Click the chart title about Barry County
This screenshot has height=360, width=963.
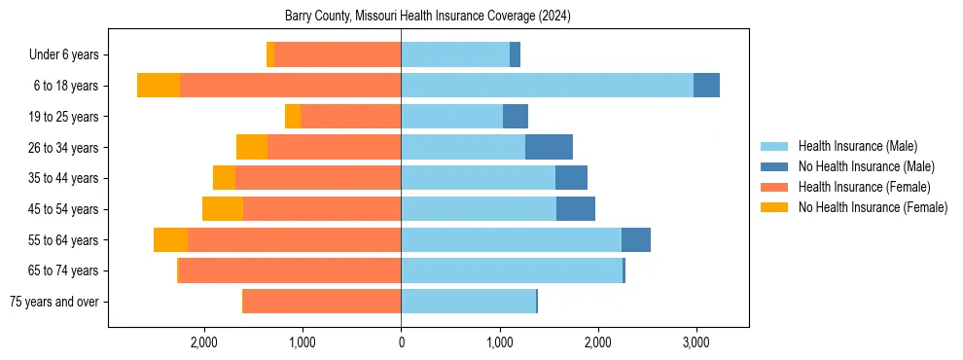[x=428, y=17]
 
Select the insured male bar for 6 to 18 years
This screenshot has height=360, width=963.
[x=547, y=86]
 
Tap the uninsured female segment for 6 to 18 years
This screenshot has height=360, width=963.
[x=159, y=86]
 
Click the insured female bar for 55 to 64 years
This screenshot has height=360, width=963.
[x=294, y=239]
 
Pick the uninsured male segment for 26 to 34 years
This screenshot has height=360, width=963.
[x=549, y=147]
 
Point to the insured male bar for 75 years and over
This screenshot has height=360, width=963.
[x=468, y=302]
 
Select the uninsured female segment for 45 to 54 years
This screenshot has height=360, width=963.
[x=223, y=209]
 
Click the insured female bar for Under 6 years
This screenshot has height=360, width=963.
[x=338, y=54]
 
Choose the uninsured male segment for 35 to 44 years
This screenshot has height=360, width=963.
[x=571, y=178]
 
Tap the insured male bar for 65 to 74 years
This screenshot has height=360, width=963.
[x=512, y=270]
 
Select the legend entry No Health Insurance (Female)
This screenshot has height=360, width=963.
[x=873, y=207]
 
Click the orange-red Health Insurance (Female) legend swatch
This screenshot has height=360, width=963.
[x=774, y=187]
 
